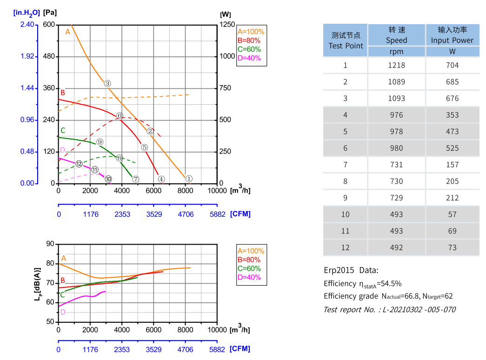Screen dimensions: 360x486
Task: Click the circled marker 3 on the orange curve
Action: pos(107,84)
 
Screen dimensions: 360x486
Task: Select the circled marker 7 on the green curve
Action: pos(135,179)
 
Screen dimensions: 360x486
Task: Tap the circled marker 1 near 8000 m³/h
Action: pos(189,179)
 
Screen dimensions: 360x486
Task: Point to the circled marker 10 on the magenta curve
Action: pos(108,179)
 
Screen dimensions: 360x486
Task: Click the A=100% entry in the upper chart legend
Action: pos(251,32)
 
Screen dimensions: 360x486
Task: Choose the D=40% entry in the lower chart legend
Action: pos(249,278)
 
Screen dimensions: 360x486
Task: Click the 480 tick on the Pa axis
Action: pos(49,57)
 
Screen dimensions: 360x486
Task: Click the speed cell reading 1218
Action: pos(396,65)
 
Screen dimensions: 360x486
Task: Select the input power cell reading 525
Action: pos(452,148)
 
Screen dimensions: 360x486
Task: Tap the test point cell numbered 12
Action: pos(345,248)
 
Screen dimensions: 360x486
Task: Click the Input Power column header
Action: pos(452,35)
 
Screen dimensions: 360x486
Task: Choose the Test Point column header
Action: pos(345,40)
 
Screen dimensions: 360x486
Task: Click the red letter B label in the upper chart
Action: pos(63,93)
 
